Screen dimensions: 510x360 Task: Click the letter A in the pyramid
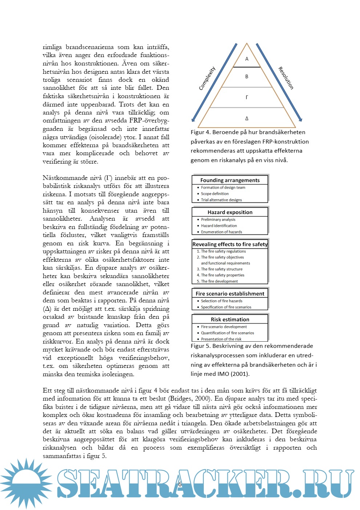coord(247,59)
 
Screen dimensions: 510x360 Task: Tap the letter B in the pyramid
coord(247,77)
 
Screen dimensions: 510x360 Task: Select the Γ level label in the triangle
coord(247,97)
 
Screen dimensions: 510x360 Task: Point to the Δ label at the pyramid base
coord(247,119)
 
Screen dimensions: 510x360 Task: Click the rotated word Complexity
coord(207,78)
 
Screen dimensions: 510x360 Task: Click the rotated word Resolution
coord(286,78)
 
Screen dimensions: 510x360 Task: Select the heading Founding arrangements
coord(230,180)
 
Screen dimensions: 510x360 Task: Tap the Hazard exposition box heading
coord(230,212)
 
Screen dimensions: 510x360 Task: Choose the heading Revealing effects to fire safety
coord(230,244)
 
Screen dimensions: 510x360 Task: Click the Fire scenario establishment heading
coord(230,294)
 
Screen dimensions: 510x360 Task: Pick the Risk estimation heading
coord(230,320)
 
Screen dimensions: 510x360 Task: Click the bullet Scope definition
coord(215,194)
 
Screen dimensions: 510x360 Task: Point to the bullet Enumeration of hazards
coord(221,232)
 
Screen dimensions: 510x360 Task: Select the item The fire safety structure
coord(222,269)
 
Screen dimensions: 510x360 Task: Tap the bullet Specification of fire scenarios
coord(226,307)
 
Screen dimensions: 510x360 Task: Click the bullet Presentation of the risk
coord(221,339)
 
